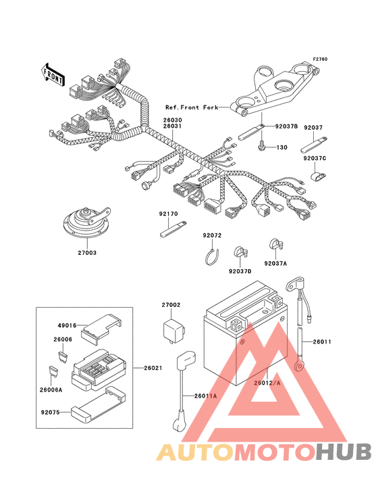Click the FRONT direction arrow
pyautogui.click(x=53, y=74)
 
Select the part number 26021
pyautogui.click(x=153, y=368)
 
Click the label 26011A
pyautogui.click(x=205, y=396)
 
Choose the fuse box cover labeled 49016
pyautogui.click(x=101, y=329)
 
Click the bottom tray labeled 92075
pyautogui.click(x=98, y=404)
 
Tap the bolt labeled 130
pyautogui.click(x=261, y=146)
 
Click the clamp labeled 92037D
pyautogui.click(x=240, y=252)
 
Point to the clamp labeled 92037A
pyautogui.click(x=276, y=245)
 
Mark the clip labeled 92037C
pyautogui.click(x=317, y=176)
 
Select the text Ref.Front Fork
pyautogui.click(x=192, y=108)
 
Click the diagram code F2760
pyautogui.click(x=320, y=59)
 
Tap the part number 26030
pyautogui.click(x=172, y=120)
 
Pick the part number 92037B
pyautogui.click(x=286, y=126)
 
